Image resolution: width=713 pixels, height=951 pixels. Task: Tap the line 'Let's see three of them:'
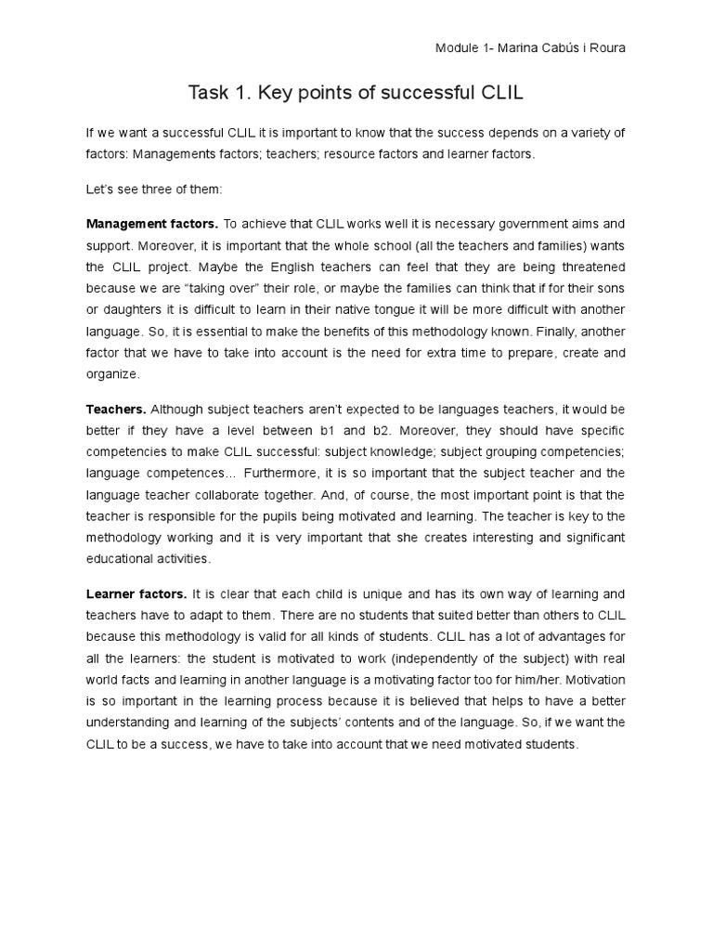(149, 189)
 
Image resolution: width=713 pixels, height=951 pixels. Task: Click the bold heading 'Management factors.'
(152, 224)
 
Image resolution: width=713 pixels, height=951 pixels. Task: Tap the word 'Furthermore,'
(283, 473)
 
